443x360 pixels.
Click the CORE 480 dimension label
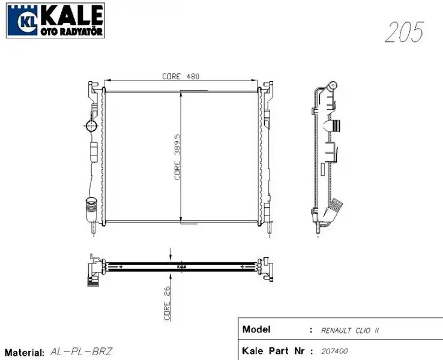pyautogui.click(x=180, y=76)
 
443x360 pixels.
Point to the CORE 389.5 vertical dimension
pyautogui.click(x=177, y=157)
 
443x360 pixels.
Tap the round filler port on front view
pyautogui.click(x=91, y=126)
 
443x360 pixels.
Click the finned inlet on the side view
pyautogui.click(x=334, y=126)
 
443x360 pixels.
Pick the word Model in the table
pyautogui.click(x=256, y=329)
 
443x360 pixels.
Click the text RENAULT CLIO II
pyautogui.click(x=350, y=331)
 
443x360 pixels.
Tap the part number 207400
pyautogui.click(x=334, y=351)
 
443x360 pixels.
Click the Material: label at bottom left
pyautogui.click(x=24, y=352)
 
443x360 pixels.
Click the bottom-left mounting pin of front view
pyautogui.click(x=93, y=230)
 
